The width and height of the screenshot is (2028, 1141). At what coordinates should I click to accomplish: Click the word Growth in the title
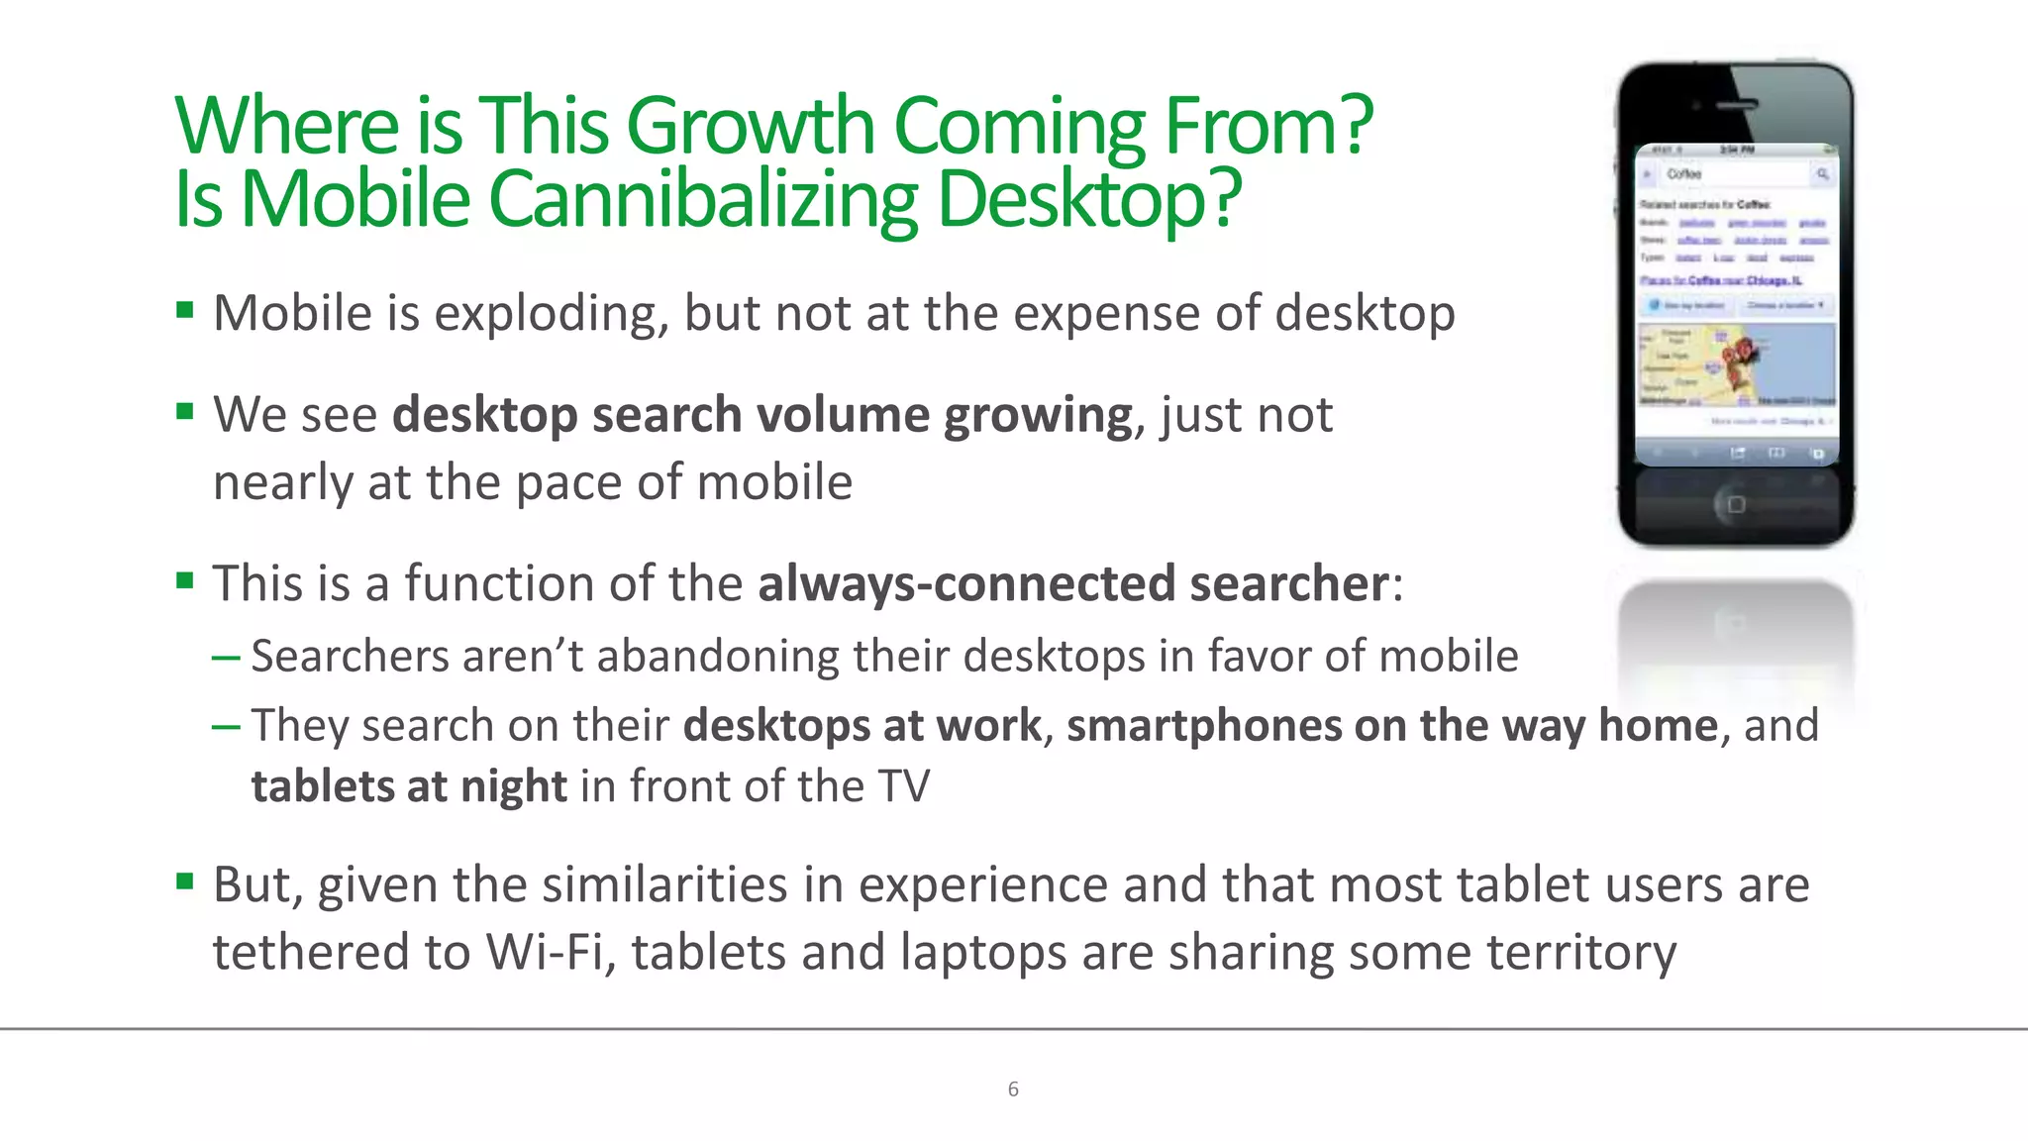750,126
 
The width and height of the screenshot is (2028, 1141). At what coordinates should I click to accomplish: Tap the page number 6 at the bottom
1013,1089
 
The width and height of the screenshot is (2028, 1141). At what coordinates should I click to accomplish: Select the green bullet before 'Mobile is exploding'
184,311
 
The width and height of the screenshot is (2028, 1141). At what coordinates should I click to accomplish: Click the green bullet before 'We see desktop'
184,411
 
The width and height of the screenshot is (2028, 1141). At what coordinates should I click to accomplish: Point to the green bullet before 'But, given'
184,881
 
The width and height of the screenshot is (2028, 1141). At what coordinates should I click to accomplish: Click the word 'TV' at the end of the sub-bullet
903,786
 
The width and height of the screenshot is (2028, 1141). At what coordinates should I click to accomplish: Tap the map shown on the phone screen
1736,364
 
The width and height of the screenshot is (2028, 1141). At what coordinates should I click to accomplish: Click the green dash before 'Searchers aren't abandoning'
226,657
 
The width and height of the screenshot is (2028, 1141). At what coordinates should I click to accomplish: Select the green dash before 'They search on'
226,726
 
